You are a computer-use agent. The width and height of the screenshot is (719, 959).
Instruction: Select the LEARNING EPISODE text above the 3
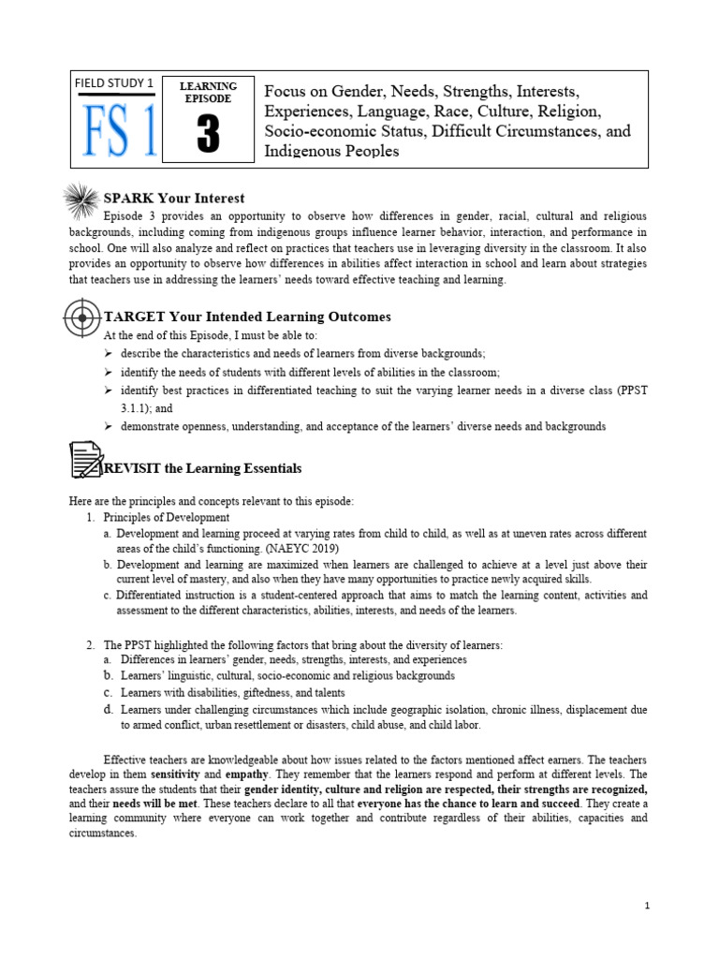209,92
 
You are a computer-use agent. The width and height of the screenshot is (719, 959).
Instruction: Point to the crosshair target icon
82,317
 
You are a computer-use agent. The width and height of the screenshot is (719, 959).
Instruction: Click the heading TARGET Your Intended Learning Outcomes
247,317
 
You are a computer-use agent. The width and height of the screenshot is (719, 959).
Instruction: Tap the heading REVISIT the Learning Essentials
202,467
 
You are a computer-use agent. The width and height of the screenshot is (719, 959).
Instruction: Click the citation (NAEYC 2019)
296,548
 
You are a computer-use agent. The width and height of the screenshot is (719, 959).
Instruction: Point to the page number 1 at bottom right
646,906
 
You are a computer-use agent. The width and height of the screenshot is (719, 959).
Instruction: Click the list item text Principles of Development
166,517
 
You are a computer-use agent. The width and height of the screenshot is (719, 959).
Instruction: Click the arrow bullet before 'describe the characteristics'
109,353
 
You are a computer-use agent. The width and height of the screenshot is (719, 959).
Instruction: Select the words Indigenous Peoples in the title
331,151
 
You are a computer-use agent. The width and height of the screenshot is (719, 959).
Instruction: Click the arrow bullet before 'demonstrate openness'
109,426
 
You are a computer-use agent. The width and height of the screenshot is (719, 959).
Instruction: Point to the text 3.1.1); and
147,408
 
